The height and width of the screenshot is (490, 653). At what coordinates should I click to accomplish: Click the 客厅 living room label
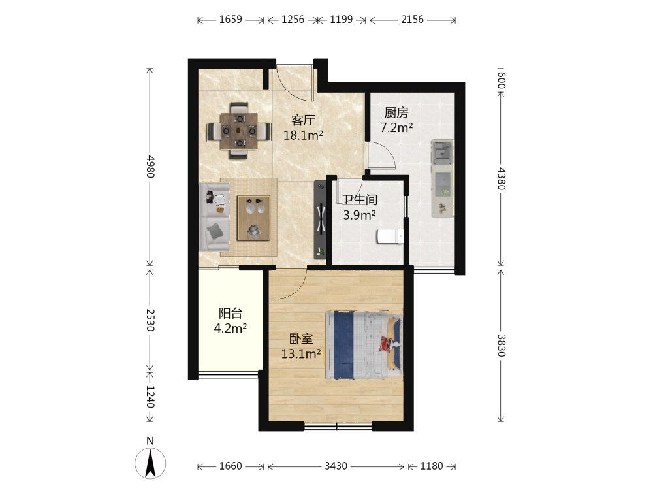tap(303, 120)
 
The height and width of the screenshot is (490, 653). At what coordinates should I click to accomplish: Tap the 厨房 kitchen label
tap(396, 112)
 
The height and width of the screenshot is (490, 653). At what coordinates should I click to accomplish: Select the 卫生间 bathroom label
tap(359, 199)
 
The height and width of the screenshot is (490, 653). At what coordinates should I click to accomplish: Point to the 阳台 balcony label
tap(231, 314)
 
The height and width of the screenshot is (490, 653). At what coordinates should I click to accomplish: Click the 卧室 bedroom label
tap(301, 338)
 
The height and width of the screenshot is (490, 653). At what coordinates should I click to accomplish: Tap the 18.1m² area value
tap(303, 135)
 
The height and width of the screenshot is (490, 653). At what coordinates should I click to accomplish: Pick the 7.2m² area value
tap(396, 127)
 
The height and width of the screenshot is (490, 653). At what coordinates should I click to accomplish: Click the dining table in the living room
tap(239, 131)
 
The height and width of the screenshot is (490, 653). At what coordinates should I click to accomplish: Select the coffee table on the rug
tap(253, 218)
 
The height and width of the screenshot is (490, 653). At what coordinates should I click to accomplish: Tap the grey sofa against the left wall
tap(214, 217)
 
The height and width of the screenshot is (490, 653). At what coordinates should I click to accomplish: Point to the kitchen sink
tap(442, 152)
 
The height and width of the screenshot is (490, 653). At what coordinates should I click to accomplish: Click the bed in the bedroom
tap(364, 345)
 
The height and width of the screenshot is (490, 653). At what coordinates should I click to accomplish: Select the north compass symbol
tap(150, 463)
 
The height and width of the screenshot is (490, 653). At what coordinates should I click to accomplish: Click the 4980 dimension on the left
tap(150, 167)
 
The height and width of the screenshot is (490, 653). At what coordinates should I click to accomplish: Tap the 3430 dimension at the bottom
tap(336, 466)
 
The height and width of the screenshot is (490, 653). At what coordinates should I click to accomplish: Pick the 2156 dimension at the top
tap(412, 20)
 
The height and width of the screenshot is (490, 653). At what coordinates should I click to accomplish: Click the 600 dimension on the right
tap(502, 80)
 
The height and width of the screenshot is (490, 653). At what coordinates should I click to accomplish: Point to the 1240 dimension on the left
tap(150, 397)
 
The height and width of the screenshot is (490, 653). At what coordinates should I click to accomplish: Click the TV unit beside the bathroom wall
tap(320, 220)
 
